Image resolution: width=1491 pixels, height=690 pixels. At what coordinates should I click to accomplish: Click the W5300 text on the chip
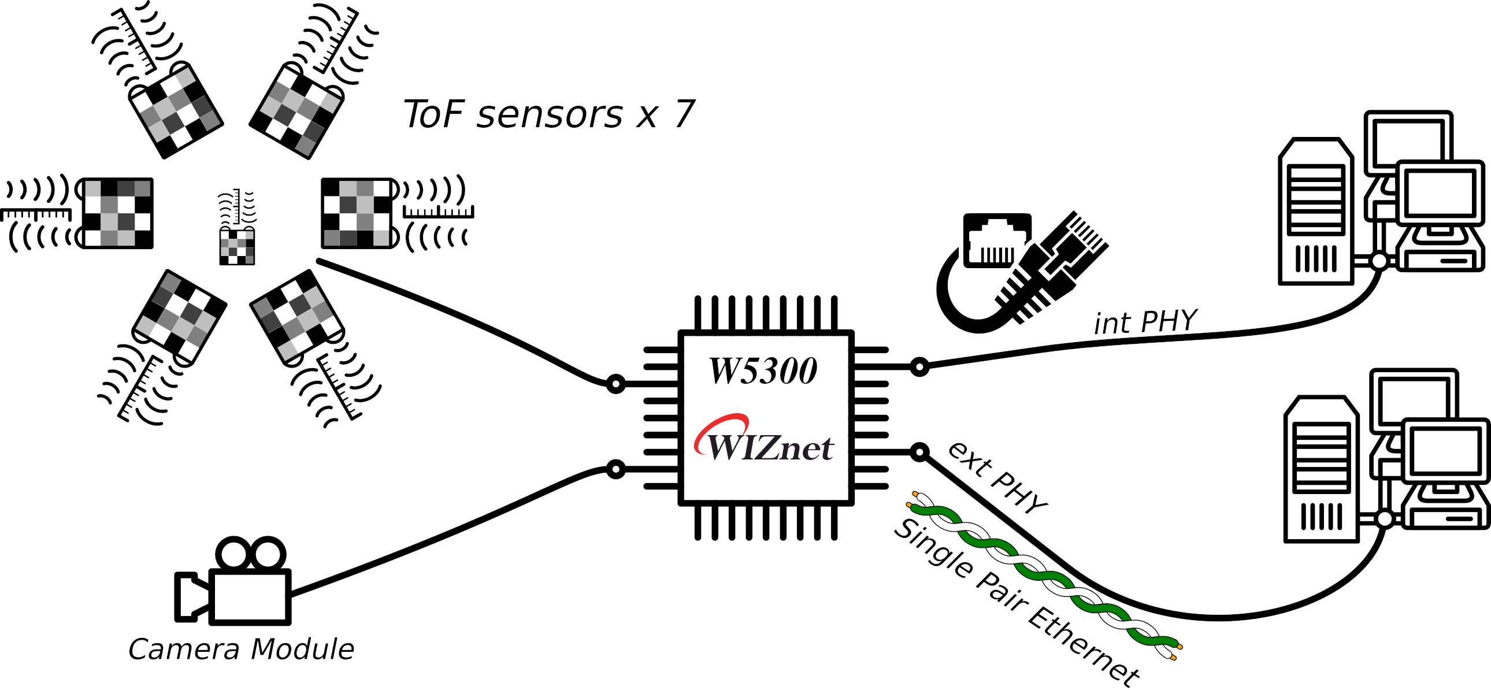pyautogui.click(x=763, y=371)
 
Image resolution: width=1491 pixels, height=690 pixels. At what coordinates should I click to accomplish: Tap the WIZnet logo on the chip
pyautogui.click(x=764, y=441)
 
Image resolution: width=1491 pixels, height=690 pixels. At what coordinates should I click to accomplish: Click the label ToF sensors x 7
pyautogui.click(x=548, y=114)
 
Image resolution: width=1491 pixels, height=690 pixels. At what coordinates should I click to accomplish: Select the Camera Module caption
pyautogui.click(x=241, y=649)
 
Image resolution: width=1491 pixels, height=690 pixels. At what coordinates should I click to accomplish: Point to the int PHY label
pyautogui.click(x=1145, y=322)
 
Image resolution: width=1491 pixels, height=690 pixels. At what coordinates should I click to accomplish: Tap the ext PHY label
pyautogui.click(x=997, y=478)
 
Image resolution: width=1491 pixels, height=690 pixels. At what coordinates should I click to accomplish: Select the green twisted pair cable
pyautogui.click(x=1042, y=573)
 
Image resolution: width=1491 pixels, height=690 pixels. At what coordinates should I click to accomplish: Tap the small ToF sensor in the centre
pyautogui.click(x=237, y=246)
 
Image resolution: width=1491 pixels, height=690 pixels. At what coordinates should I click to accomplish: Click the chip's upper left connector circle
pyautogui.click(x=616, y=384)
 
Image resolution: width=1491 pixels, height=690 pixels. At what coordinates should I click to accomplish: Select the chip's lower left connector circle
pyautogui.click(x=616, y=469)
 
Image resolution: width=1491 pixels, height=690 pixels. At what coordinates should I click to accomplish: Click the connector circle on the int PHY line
pyautogui.click(x=919, y=366)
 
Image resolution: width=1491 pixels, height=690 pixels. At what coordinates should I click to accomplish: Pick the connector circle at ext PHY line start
pyautogui.click(x=919, y=451)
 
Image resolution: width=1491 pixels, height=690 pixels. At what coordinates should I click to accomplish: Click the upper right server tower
pyautogui.click(x=1315, y=212)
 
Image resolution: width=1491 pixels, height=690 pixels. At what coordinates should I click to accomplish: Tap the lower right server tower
pyautogui.click(x=1321, y=469)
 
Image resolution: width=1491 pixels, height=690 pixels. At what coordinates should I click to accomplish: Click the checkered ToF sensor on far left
pyautogui.click(x=117, y=213)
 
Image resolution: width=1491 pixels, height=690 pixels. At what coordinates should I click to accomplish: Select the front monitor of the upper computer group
pyautogui.click(x=1440, y=193)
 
